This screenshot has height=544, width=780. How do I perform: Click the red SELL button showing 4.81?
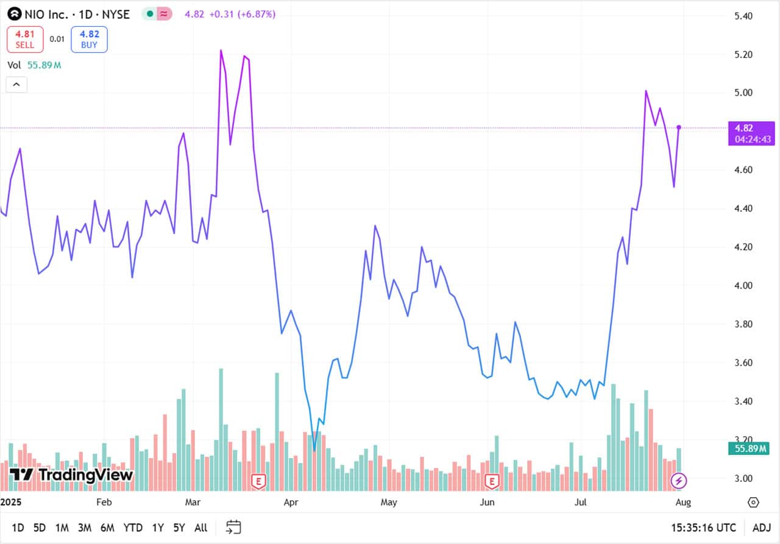point(25,39)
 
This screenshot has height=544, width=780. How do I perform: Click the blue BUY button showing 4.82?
point(89,39)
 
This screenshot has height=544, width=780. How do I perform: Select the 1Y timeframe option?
point(158,528)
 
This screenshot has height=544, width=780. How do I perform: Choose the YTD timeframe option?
point(133,528)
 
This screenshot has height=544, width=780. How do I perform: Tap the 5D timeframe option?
point(40,528)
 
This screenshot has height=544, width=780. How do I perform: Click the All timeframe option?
point(200,528)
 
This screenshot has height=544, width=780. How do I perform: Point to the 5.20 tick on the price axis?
point(744,55)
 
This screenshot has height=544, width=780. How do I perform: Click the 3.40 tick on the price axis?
point(744,401)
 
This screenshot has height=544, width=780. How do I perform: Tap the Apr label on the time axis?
point(291,503)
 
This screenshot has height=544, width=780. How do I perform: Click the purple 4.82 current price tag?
point(751,133)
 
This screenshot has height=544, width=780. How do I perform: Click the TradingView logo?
point(71,475)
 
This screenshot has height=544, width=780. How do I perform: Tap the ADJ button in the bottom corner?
point(761,528)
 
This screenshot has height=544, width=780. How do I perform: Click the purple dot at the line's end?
point(679,127)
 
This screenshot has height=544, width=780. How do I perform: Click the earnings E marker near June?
point(491,482)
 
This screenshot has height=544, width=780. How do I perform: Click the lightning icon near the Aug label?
point(678,481)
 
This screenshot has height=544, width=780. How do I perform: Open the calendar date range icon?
point(233,527)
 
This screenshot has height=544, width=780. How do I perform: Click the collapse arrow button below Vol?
point(16,85)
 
